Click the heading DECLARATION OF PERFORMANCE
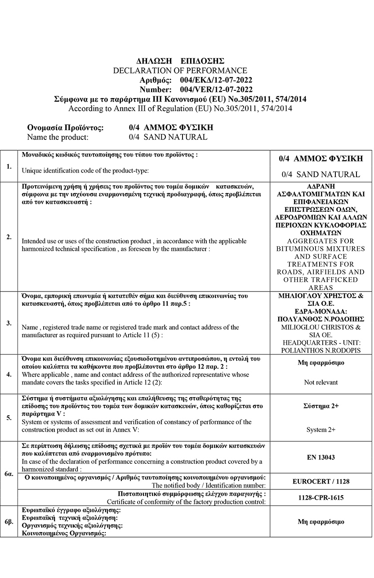[x=180, y=71]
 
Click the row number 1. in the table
[x=9, y=166]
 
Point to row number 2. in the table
[x=9, y=237]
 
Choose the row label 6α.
[x=9, y=474]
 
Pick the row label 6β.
[x=9, y=522]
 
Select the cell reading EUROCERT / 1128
[x=321, y=481]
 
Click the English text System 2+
[x=321, y=430]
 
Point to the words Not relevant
[x=321, y=382]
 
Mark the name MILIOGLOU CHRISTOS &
[x=321, y=327]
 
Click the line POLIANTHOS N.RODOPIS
[x=321, y=350]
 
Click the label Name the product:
[x=58, y=137]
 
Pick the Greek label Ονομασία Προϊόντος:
[x=66, y=128]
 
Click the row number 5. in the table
[x=9, y=418]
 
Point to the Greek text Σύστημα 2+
[x=321, y=406]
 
